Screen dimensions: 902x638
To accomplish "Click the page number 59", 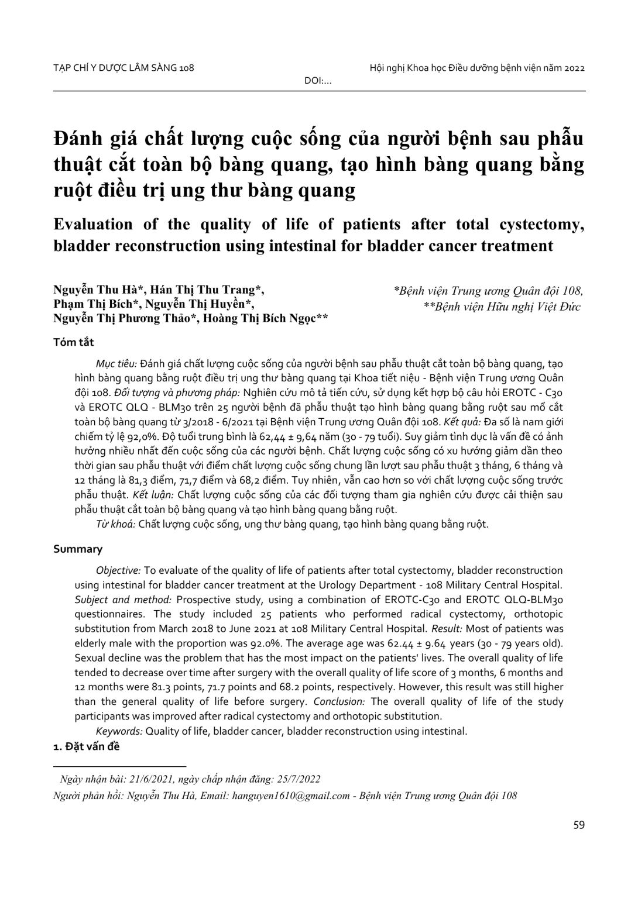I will tap(579, 825).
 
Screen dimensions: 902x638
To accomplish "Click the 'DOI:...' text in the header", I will tap(318, 81).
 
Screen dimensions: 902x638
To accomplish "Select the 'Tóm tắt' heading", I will tap(73, 342).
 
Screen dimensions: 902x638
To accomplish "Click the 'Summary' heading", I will tap(78, 549).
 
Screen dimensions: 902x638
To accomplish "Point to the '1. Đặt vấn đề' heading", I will tap(86, 746).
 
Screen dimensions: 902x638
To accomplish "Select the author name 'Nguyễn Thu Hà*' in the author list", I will tap(99, 290).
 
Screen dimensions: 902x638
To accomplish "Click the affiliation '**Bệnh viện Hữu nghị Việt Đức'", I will tap(502, 306).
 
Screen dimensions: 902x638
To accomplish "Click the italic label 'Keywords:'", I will tap(119, 731).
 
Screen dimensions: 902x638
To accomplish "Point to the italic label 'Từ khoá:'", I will tap(116, 524).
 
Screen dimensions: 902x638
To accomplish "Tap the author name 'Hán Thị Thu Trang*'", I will tap(207, 290).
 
